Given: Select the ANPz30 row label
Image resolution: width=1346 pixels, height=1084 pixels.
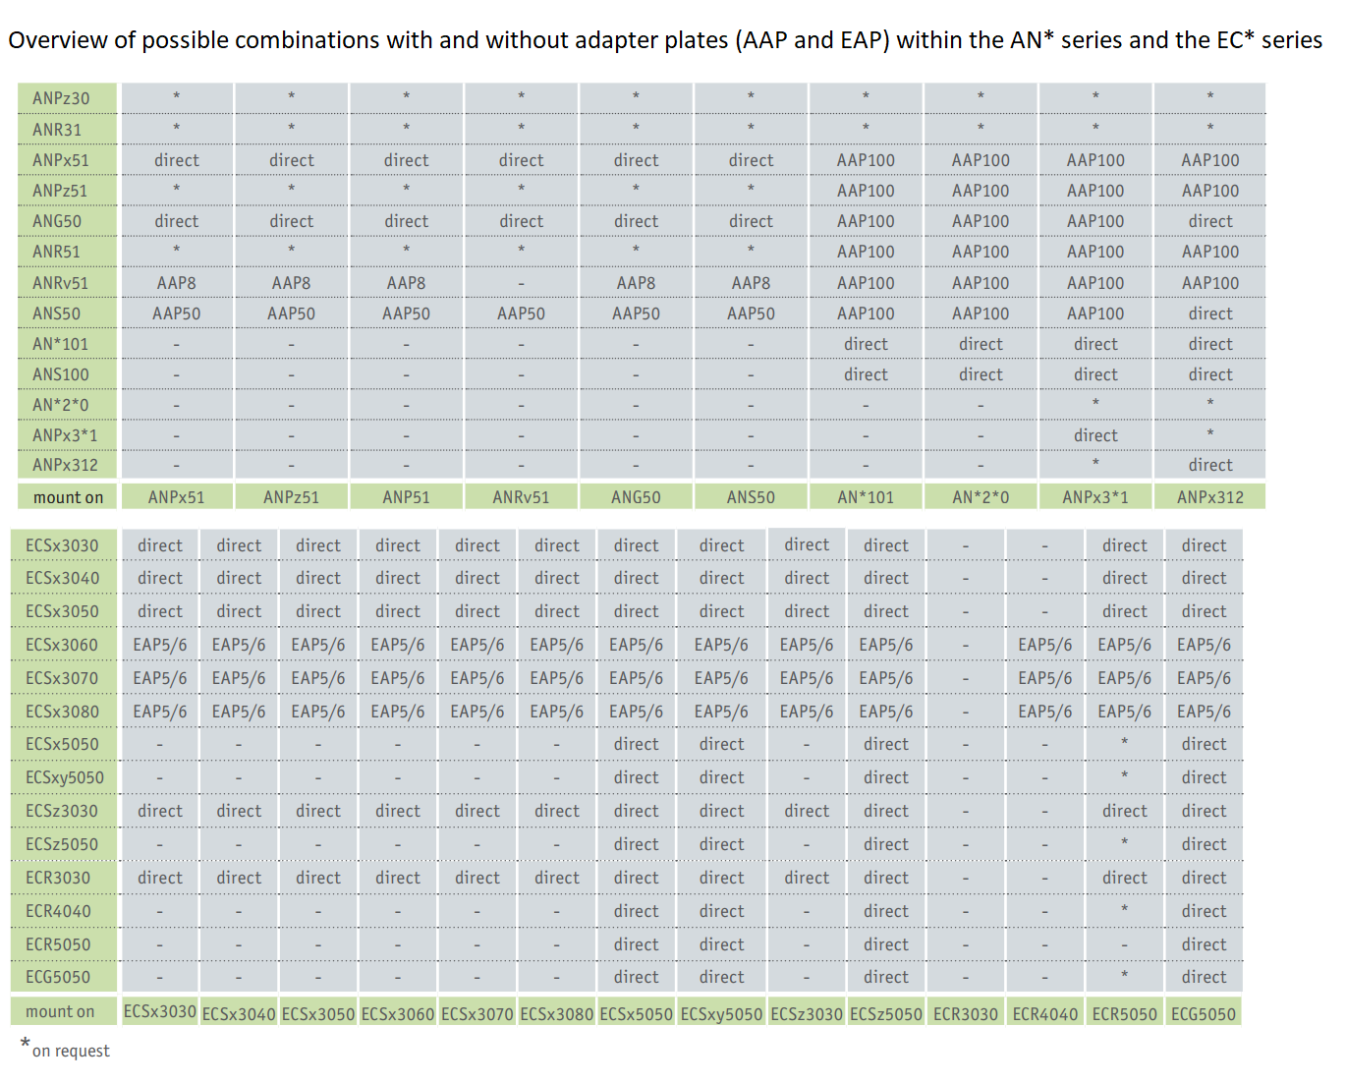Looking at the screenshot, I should click(x=61, y=98).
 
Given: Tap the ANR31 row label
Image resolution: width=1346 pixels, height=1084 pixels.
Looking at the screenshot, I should click(x=57, y=130).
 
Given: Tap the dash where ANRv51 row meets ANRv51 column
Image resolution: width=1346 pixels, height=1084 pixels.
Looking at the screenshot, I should click(x=521, y=284).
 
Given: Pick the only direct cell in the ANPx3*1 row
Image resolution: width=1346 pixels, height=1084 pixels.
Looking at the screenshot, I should click(x=1095, y=435).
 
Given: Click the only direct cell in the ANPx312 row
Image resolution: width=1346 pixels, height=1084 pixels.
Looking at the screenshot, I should click(x=1209, y=465).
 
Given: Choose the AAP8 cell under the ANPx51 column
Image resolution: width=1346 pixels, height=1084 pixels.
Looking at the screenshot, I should click(x=177, y=283).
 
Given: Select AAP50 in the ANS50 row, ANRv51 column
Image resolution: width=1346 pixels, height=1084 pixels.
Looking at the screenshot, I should click(x=521, y=314).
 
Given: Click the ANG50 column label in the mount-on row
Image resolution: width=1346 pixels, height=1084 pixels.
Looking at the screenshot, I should click(x=636, y=497).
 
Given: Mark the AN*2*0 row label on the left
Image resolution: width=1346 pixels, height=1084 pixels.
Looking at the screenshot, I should click(x=60, y=405).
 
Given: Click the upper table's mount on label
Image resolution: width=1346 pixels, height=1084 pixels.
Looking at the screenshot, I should click(x=68, y=497).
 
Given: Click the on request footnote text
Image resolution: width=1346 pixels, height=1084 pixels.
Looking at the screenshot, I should click(x=71, y=1051).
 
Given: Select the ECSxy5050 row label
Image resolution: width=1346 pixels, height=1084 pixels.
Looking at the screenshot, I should click(x=65, y=777).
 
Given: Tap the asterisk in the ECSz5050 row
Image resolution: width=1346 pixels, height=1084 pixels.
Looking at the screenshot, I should click(x=1124, y=843).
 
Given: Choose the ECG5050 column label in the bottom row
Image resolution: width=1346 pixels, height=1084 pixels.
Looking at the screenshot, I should click(x=1204, y=1014).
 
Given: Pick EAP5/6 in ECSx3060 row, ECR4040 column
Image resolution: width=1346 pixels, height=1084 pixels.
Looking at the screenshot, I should click(x=1044, y=645).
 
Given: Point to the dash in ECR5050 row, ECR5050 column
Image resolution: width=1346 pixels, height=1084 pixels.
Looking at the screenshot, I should click(x=1124, y=944).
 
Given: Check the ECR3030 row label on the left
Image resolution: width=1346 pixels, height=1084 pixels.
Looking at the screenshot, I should click(x=58, y=878).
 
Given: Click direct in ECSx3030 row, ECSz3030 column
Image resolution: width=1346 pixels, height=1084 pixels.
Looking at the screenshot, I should click(x=807, y=544).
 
